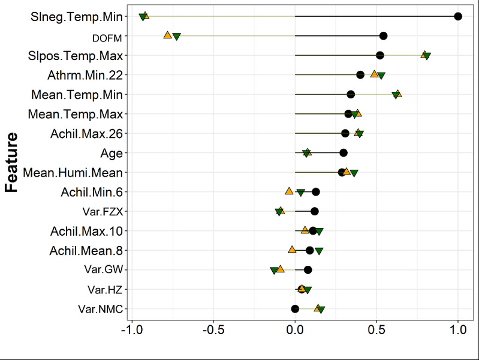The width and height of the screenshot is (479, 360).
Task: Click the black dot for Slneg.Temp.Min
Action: coord(458,16)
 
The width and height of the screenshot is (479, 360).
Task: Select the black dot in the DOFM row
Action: coord(383,36)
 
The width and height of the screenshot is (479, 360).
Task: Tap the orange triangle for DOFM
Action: coord(168,35)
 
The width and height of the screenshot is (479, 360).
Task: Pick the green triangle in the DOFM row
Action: coord(177,37)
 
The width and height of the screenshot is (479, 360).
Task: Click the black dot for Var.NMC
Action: coord(295,309)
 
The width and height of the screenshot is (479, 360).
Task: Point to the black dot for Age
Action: coord(344,153)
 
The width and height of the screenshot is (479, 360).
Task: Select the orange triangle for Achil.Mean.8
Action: coord(292,250)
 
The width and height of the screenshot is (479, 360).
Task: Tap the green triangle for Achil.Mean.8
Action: coord(319,251)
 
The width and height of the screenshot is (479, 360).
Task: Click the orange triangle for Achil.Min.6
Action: coord(289,191)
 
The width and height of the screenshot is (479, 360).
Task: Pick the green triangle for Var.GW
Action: coord(274,271)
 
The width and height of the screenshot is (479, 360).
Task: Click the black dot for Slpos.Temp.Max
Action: coord(380,55)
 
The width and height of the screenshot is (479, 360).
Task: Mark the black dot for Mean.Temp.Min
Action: coord(351,94)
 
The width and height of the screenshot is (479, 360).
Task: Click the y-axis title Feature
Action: coord(12,162)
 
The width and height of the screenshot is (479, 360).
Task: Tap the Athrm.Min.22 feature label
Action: coord(85,75)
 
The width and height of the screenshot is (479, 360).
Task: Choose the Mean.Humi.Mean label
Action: coord(73,173)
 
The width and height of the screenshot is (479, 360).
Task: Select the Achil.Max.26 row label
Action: coord(86,133)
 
